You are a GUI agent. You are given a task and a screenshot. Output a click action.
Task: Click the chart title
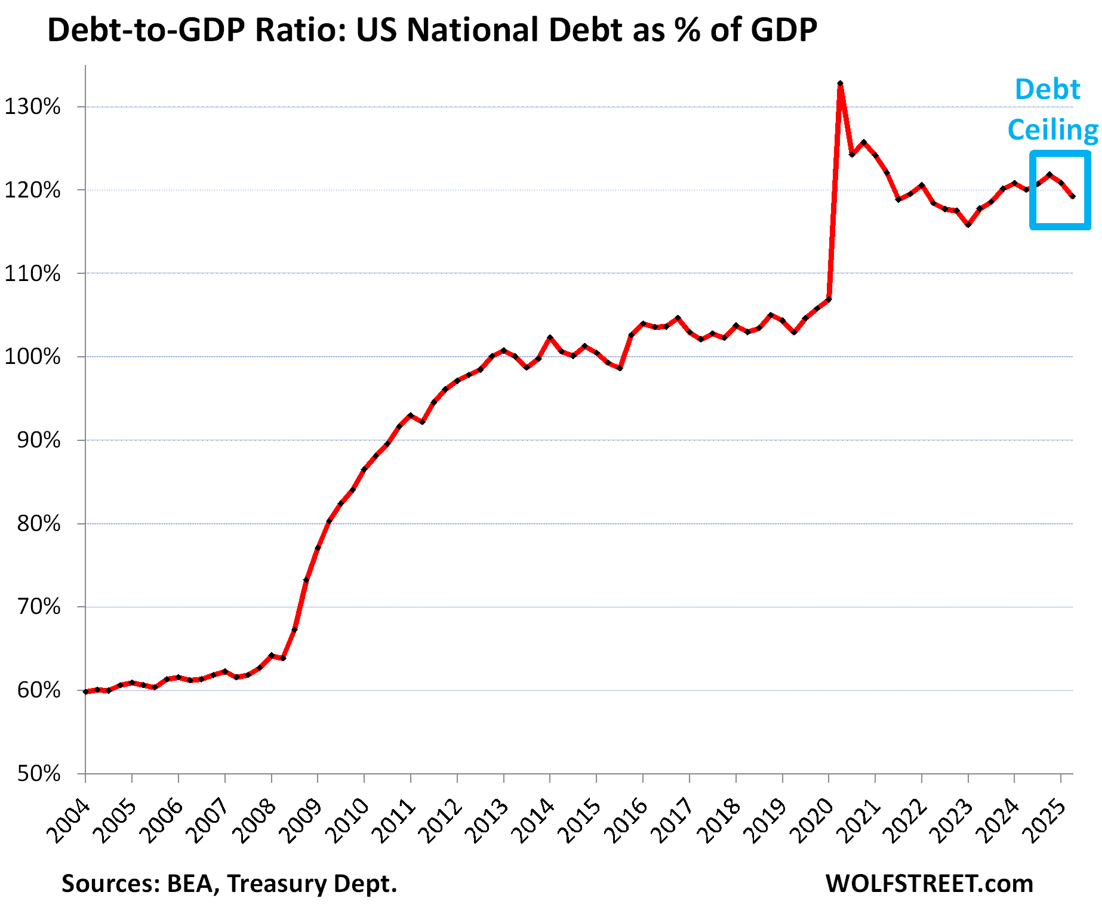point(432,30)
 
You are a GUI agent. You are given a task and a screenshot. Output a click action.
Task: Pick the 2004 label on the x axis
point(70,822)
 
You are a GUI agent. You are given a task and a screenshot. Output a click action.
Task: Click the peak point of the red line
point(840,84)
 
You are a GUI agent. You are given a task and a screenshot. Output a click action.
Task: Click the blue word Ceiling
point(1052,129)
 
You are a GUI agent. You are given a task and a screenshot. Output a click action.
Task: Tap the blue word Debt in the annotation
point(1047,89)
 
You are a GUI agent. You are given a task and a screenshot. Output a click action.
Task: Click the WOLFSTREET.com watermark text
point(929,884)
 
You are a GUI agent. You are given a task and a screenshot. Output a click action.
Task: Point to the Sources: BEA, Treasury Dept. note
point(229,884)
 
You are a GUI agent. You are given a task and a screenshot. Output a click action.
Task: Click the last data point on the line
point(1073,196)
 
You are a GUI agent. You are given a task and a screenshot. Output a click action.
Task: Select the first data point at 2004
point(85,692)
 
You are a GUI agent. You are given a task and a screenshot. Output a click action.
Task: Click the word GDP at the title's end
point(784,30)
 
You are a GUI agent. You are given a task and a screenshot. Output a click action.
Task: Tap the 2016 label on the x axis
point(627,822)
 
